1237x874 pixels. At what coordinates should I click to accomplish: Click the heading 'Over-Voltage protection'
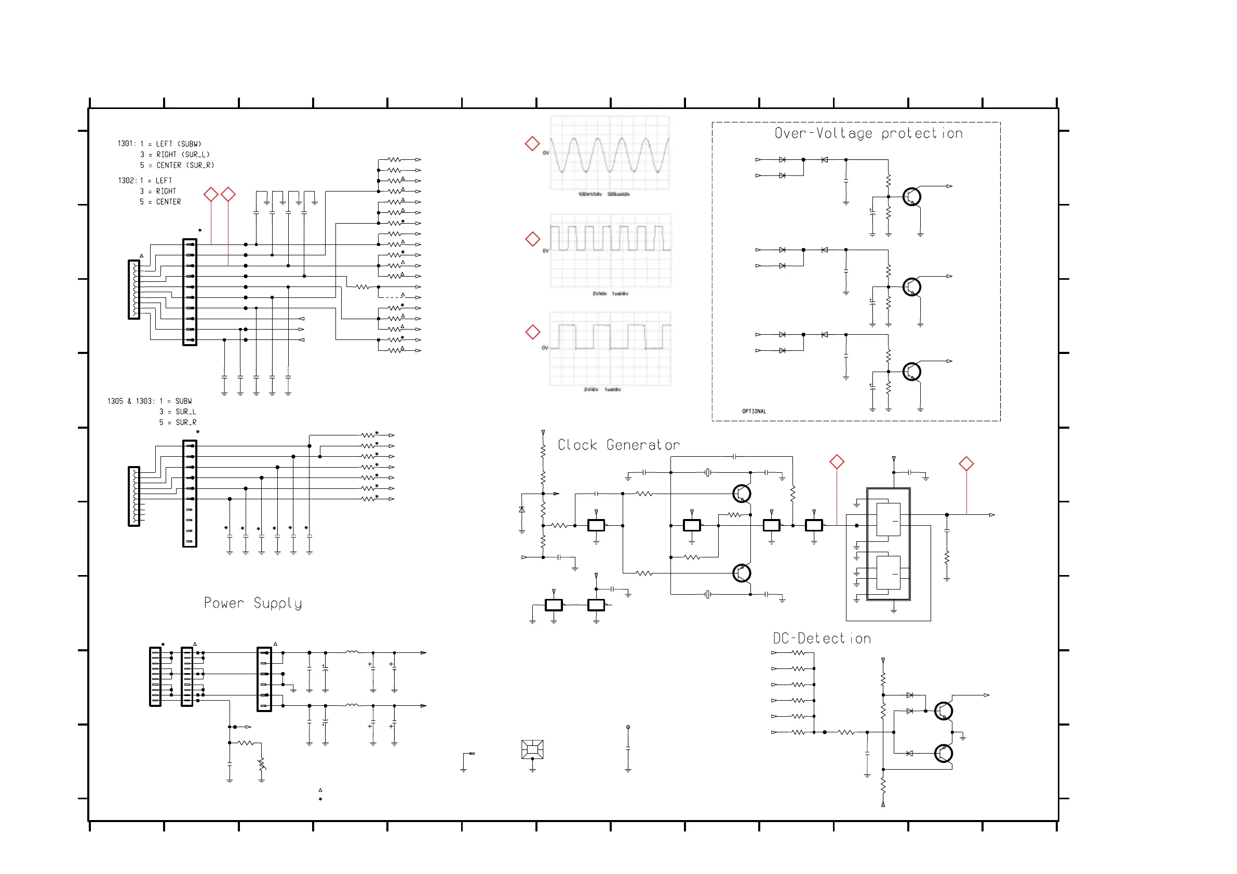tap(868, 133)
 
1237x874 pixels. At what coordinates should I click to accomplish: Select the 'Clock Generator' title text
tap(618, 445)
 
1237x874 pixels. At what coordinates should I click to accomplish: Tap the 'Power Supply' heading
tap(253, 603)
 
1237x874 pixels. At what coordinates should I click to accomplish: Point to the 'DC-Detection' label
tap(822, 639)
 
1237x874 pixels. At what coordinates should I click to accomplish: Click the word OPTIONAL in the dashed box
tap(754, 412)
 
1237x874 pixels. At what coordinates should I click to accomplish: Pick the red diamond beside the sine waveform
tap(532, 144)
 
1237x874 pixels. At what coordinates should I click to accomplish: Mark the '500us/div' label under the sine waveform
tap(618, 194)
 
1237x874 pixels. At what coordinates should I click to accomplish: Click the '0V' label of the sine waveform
tap(546, 153)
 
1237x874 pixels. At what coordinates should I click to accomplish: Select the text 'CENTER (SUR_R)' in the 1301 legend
tap(185, 166)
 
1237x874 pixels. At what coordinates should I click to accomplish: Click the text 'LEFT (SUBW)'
tap(178, 144)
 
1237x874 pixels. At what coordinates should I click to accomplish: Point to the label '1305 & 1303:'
tap(131, 401)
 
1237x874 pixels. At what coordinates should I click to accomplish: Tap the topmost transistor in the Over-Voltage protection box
tap(911, 197)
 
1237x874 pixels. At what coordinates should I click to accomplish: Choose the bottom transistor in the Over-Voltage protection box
tap(911, 372)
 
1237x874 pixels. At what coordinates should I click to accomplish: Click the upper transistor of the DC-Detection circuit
tap(944, 711)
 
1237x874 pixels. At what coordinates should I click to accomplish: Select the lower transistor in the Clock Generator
tap(742, 573)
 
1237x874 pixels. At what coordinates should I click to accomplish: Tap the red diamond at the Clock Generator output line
tap(966, 463)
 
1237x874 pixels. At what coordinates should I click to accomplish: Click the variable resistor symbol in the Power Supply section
tap(261, 763)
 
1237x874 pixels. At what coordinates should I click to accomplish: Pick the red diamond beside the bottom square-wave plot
tap(532, 332)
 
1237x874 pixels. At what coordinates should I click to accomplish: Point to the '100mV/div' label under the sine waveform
tap(590, 194)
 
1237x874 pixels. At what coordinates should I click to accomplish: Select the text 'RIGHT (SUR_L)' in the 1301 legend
tap(183, 155)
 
